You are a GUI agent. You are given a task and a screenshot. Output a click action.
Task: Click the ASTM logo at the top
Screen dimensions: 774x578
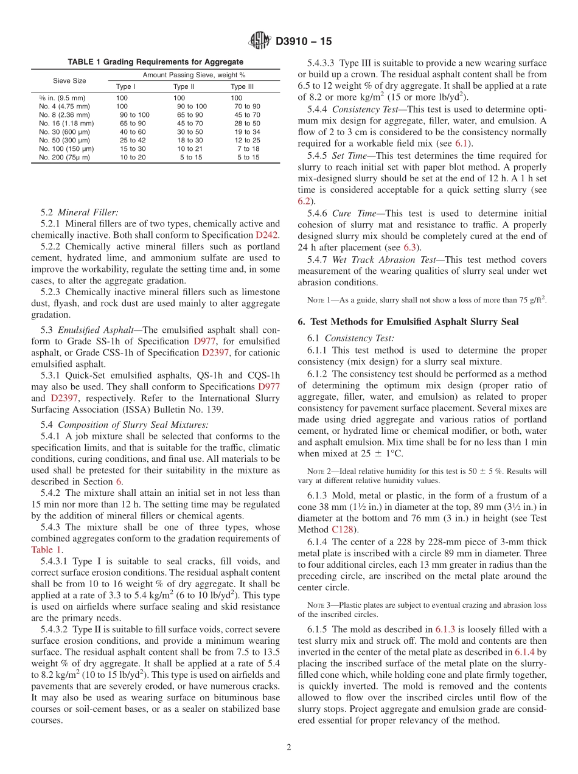[x=260, y=41]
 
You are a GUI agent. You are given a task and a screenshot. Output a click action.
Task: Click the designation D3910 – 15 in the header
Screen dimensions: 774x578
[x=304, y=42]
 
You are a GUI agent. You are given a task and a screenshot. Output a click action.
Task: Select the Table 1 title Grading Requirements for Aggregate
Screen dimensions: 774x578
[x=155, y=62]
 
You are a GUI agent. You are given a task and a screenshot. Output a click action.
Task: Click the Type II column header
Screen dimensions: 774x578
[x=184, y=86]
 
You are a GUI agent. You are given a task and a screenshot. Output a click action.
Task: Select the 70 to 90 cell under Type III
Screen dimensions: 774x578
[x=247, y=106]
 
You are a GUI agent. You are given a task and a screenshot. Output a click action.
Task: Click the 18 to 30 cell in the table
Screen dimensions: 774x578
[x=190, y=140]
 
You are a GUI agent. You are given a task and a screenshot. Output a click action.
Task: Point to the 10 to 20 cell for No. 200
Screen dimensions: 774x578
[x=133, y=157]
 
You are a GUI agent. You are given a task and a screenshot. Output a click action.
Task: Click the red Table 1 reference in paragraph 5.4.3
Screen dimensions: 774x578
[x=46, y=549]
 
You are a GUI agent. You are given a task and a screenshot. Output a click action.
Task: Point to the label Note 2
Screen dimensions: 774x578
[x=320, y=471]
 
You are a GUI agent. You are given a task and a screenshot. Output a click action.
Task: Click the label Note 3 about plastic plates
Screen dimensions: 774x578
[x=320, y=605]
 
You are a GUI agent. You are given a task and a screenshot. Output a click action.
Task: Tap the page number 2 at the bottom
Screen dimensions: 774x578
[x=289, y=747]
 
